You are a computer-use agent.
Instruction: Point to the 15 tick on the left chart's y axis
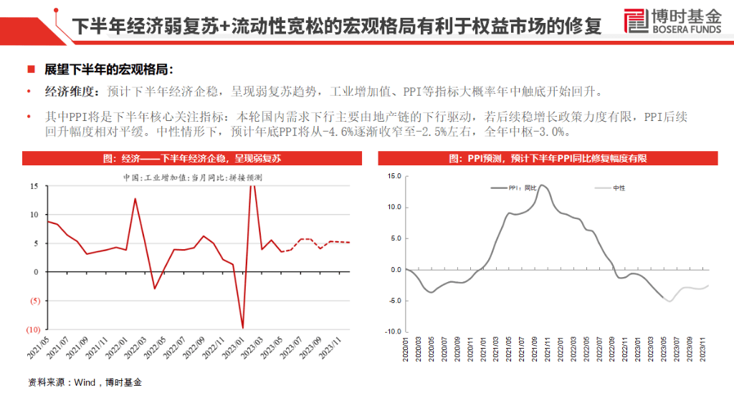tap(34, 186)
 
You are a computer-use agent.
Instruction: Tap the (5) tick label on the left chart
tap(32, 301)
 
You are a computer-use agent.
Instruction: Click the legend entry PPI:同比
tap(522, 188)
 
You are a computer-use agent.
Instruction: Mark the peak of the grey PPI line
tap(542, 185)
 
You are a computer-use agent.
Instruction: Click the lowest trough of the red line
tap(242, 328)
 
